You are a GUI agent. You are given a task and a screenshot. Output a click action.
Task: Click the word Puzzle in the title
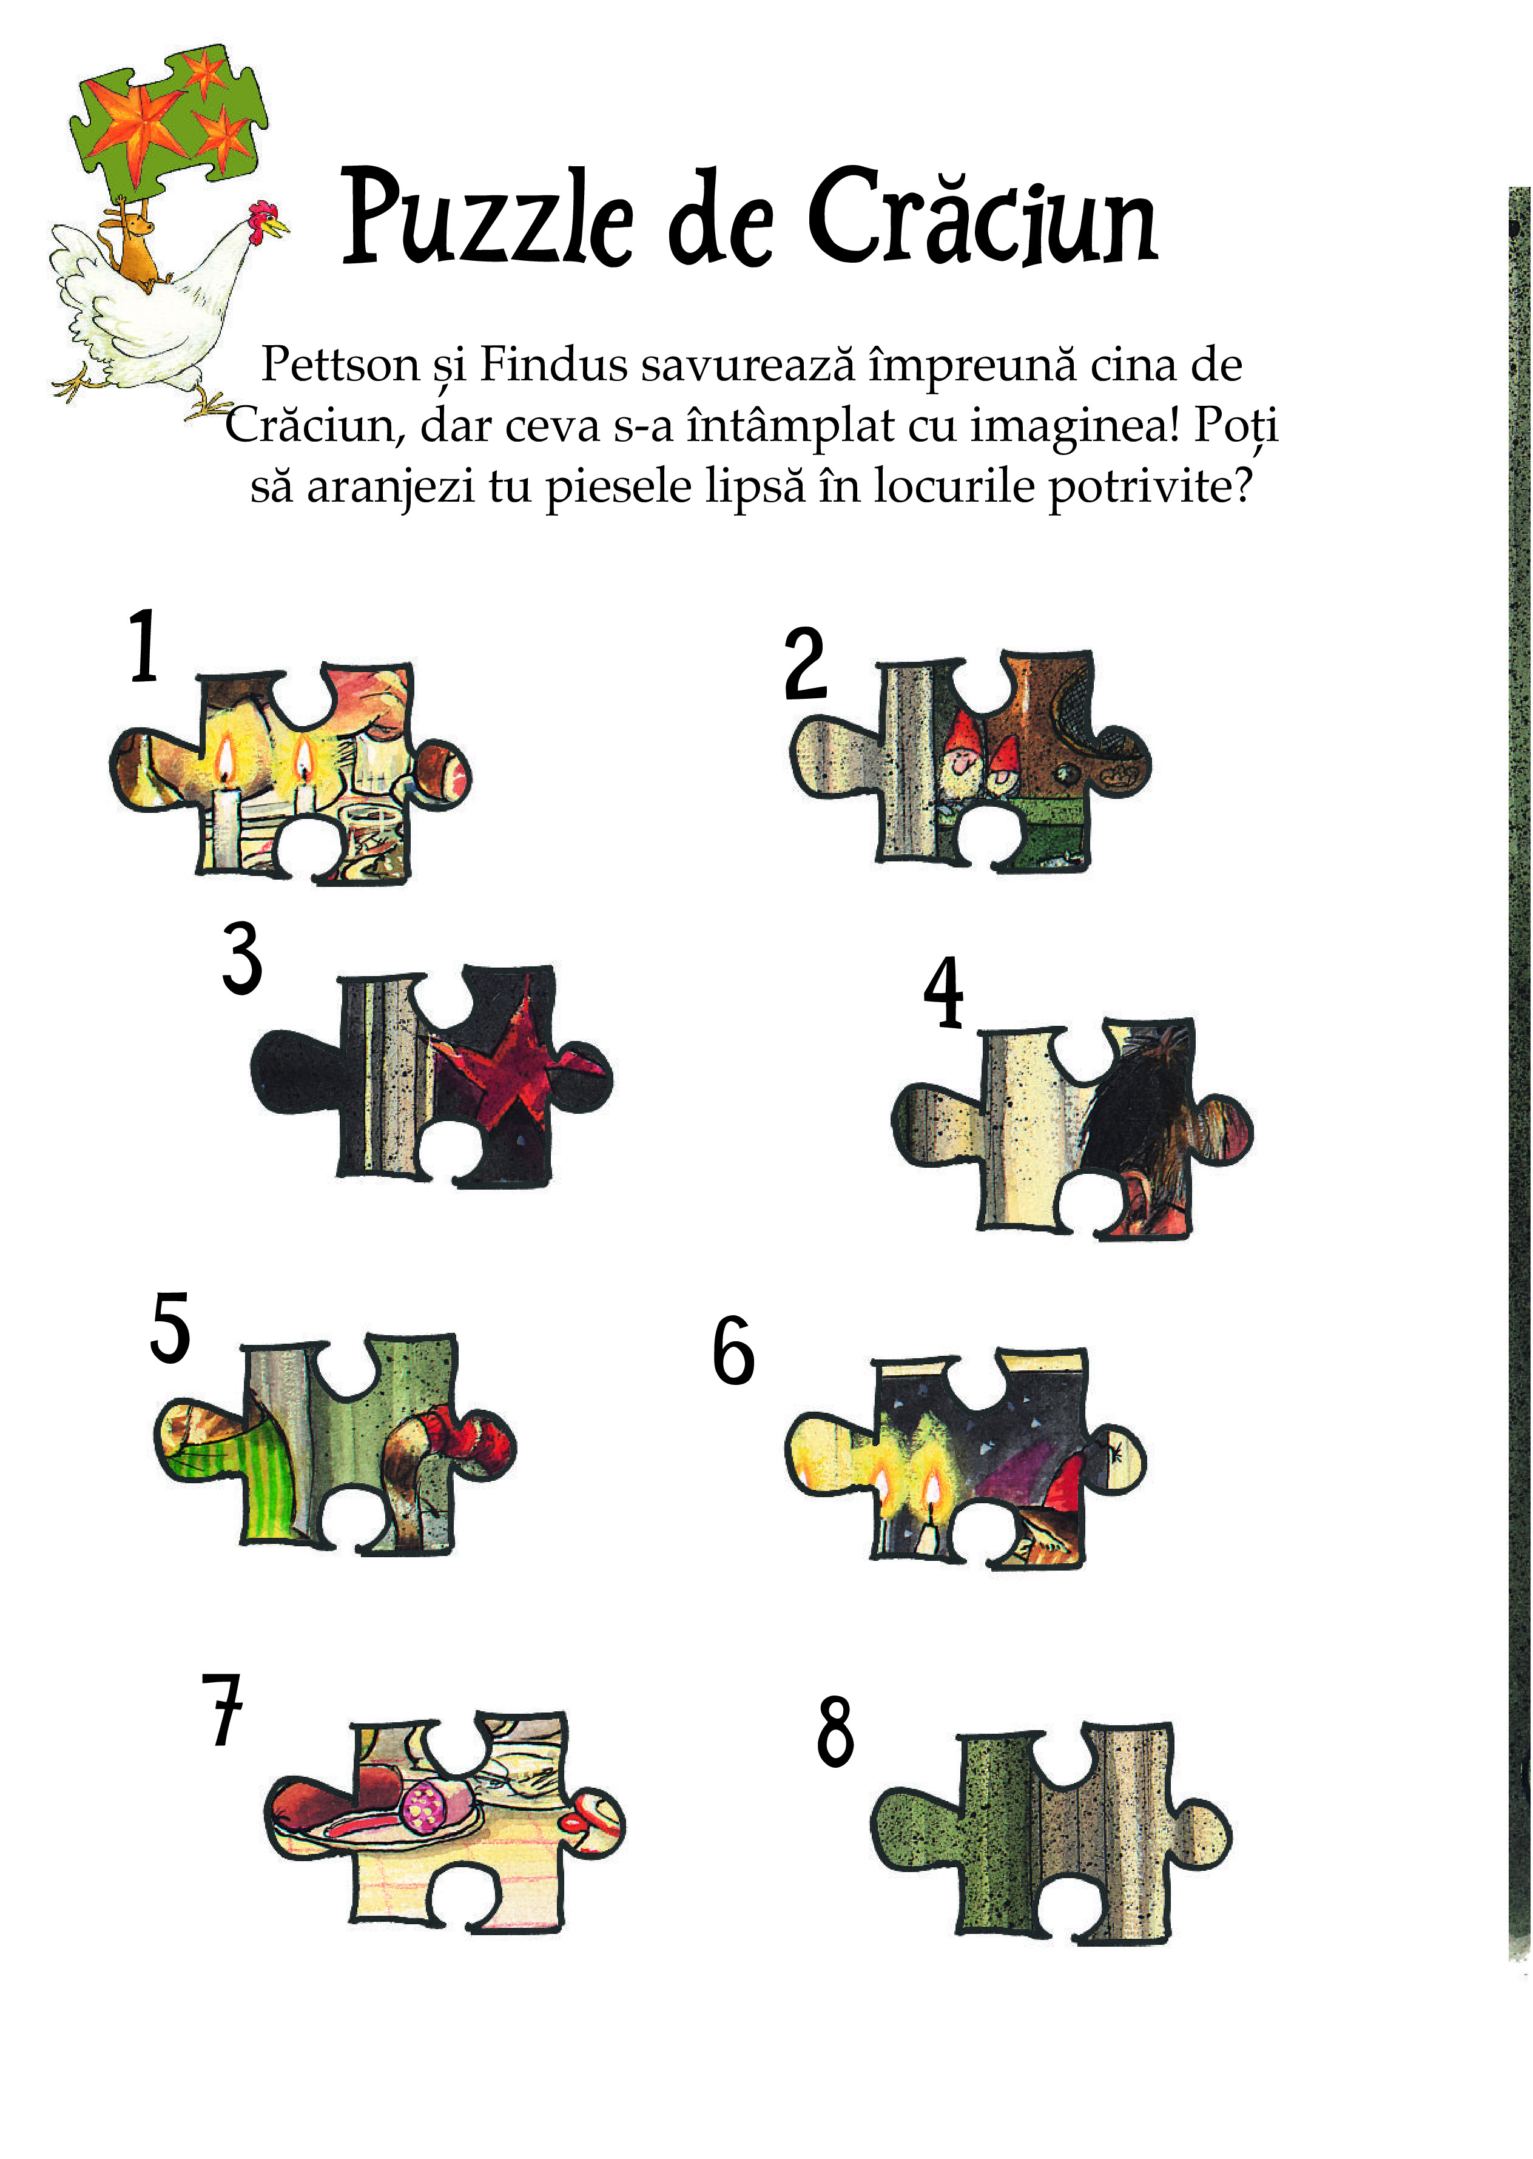[486, 217]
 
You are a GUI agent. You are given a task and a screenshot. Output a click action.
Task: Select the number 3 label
[241, 958]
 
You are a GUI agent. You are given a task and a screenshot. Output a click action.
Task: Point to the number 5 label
[170, 1329]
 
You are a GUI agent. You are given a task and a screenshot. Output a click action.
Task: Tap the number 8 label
[835, 1730]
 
